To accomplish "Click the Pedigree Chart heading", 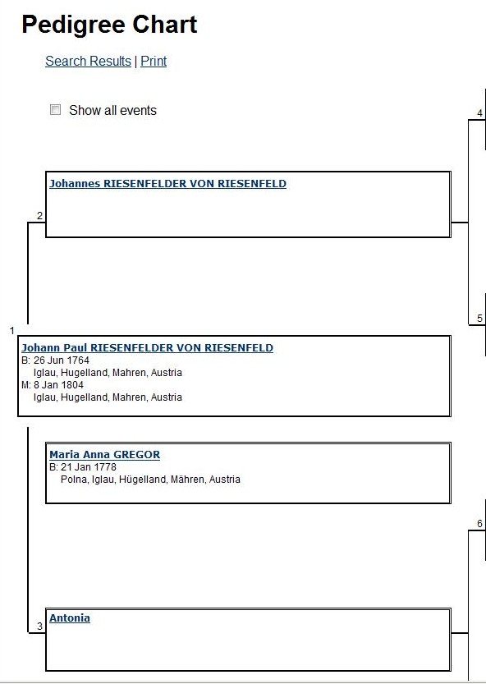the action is click(x=109, y=25).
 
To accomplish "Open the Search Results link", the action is click(x=88, y=61).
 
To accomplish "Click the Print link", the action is click(x=154, y=61).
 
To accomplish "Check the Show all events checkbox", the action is click(x=55, y=109).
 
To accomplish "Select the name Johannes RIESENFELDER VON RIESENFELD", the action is click(x=168, y=184).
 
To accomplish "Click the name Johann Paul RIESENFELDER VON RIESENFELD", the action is click(x=148, y=347).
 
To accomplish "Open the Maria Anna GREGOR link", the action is click(x=105, y=455).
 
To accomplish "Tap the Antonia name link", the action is click(x=70, y=617).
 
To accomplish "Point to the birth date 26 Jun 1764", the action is click(x=62, y=360).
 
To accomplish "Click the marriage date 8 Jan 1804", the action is click(x=58, y=385).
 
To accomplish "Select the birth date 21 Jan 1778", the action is click(x=89, y=467).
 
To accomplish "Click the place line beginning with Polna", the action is click(x=150, y=480).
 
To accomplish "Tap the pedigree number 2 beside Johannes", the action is click(x=39, y=215).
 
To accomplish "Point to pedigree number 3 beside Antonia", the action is click(x=39, y=627).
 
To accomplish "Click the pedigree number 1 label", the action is click(x=12, y=331).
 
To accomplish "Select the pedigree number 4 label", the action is click(x=480, y=113).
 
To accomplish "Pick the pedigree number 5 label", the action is click(x=480, y=319).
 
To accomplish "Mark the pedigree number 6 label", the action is click(x=480, y=524).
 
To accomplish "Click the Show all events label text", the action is click(x=112, y=110).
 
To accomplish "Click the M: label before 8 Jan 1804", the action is click(x=26, y=385).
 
